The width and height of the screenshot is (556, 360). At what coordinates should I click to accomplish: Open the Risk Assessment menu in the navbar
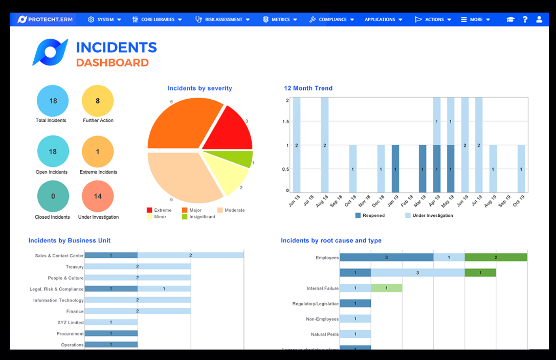tap(223, 19)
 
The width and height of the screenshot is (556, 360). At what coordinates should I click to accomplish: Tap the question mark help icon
tap(525, 19)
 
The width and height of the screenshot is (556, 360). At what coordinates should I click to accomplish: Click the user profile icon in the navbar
tap(539, 19)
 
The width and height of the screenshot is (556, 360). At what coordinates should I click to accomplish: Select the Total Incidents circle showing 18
tap(53, 101)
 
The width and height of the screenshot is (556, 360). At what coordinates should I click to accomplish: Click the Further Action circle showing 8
tap(98, 101)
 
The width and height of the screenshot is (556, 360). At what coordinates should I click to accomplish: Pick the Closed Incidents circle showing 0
tap(53, 196)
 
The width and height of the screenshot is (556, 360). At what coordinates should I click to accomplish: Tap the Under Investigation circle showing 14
tap(98, 196)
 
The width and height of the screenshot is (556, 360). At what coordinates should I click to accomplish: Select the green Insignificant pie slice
tap(240, 159)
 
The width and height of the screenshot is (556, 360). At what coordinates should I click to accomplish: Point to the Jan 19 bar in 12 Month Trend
tap(395, 169)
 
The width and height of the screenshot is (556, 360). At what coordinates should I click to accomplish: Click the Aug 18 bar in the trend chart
tap(325, 145)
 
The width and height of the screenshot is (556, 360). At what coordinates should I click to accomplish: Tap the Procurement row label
tap(70, 333)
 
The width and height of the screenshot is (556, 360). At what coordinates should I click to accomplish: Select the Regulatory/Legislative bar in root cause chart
tap(355, 303)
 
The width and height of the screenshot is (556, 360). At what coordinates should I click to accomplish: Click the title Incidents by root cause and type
tap(331, 240)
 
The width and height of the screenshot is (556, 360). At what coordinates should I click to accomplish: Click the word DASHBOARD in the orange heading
tap(112, 62)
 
